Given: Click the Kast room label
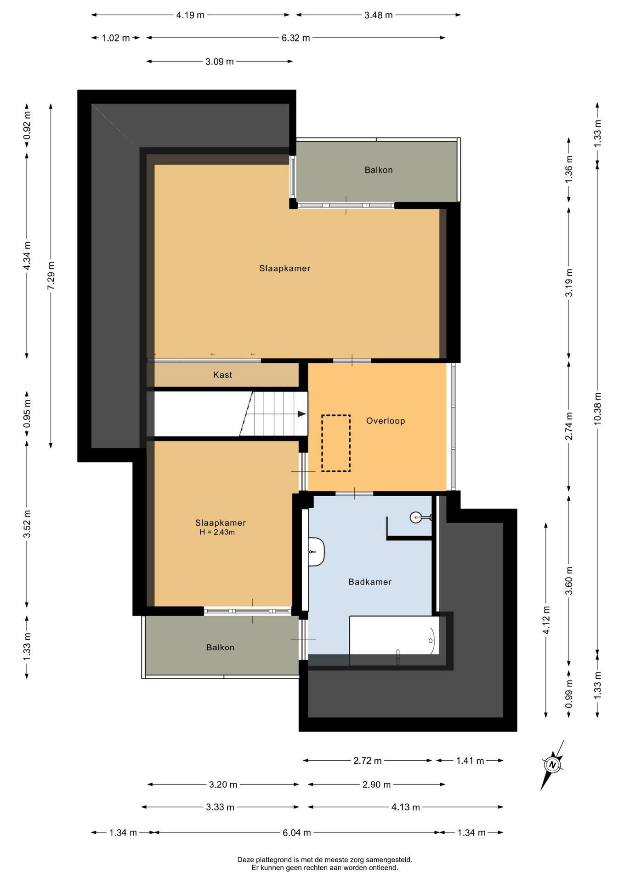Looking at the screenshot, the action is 222,375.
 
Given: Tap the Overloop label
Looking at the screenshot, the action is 386,421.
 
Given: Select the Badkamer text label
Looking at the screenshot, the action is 370,582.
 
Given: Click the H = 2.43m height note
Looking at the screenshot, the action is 217,533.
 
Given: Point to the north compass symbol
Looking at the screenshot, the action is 552,765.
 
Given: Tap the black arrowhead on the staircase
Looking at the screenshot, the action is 302,414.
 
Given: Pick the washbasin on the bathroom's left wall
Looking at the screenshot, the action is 317,551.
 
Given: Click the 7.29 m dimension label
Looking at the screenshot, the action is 51,275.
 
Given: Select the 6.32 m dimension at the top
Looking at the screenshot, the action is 295,38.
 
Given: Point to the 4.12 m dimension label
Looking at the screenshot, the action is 546,620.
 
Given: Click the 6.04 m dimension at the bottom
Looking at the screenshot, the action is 296,832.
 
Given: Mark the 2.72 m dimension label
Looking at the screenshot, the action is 367,761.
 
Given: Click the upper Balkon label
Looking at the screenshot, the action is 379,170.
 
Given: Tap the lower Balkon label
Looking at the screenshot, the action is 220,648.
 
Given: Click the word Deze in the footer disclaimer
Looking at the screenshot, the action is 245,860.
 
